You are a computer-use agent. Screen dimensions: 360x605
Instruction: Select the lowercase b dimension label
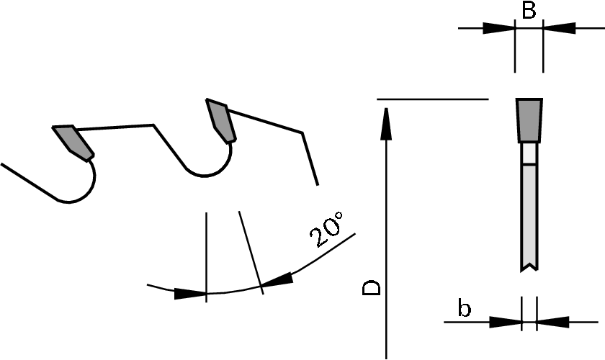[465, 310]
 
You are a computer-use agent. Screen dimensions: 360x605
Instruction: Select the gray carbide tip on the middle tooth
[220, 120]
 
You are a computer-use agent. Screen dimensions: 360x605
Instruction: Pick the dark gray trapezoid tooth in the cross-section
[529, 120]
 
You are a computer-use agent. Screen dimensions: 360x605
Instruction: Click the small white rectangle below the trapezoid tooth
[529, 153]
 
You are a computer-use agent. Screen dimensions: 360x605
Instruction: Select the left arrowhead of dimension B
[499, 28]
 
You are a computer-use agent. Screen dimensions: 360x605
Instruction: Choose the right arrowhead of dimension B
[559, 28]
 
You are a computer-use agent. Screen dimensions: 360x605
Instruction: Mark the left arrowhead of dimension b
[506, 321]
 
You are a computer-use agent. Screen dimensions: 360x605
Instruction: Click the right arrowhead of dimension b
[552, 321]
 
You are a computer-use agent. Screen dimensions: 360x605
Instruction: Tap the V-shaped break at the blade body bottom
[529, 268]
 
